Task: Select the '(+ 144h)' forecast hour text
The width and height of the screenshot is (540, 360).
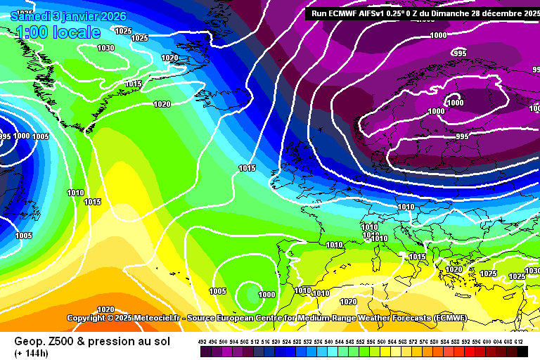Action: [32, 353]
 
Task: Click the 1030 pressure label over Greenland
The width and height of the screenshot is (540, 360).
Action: [105, 48]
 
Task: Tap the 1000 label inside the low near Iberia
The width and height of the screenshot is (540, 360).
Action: [266, 295]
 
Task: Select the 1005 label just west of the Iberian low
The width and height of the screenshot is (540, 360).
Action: [217, 291]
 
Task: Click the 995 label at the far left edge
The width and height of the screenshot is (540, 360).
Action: [4, 136]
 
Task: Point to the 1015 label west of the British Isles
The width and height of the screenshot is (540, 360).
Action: [247, 168]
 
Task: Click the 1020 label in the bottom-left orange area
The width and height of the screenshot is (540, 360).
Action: [105, 309]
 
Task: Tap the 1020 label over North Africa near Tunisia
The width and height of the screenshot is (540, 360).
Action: [348, 302]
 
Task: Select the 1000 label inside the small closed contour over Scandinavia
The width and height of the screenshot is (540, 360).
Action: [456, 103]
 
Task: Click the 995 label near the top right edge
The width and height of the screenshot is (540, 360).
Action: [459, 53]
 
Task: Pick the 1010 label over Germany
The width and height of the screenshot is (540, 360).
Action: [406, 207]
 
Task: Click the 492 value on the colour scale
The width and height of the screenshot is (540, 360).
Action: [203, 341]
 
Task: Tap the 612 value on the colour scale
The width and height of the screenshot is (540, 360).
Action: [519, 341]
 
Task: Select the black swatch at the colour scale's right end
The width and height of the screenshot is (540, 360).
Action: [521, 350]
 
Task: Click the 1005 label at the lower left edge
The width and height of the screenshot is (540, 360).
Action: [23, 236]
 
